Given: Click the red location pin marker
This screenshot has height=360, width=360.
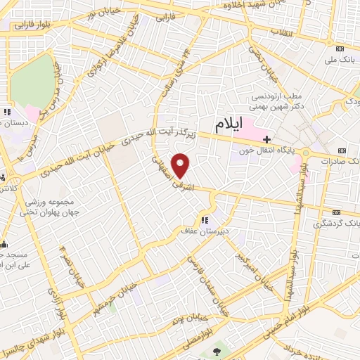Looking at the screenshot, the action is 181,165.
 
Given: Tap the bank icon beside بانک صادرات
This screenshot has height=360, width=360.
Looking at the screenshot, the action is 342,150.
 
